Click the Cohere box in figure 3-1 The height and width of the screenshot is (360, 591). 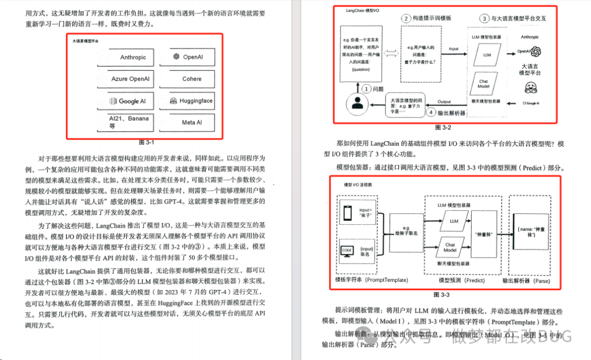[x=192, y=79]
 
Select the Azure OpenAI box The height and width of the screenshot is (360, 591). [x=130, y=79]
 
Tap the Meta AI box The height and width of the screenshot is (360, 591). [x=192, y=123]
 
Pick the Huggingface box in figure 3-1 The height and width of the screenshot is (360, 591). [x=192, y=101]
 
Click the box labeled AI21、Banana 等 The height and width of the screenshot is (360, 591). [x=130, y=121]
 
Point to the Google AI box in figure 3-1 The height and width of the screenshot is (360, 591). [x=130, y=101]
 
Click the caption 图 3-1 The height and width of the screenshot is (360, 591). [x=148, y=142]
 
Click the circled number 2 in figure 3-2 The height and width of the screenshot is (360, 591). [x=406, y=18]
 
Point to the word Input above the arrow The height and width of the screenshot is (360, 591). [x=454, y=49]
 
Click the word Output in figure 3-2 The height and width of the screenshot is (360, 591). [x=444, y=101]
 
